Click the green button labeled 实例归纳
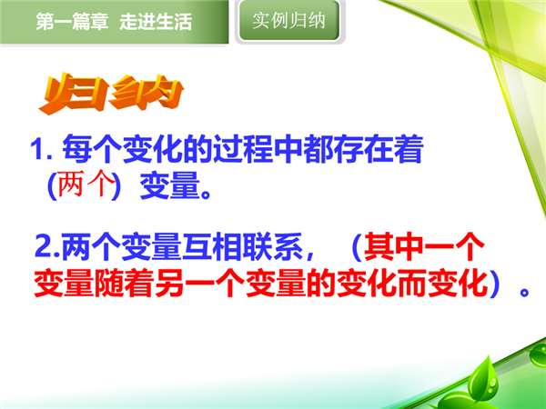tap(289, 21)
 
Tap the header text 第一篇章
tap(72, 22)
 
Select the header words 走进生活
tap(156, 22)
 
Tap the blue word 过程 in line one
tap(243, 149)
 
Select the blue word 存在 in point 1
tap(363, 149)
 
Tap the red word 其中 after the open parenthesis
tap(393, 246)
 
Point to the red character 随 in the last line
tap(109, 283)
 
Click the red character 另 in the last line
tap(169, 283)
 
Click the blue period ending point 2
tap(524, 292)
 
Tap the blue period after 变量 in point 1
tap(206, 194)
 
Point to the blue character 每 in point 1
tap(77, 149)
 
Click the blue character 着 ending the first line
tap(409, 149)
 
